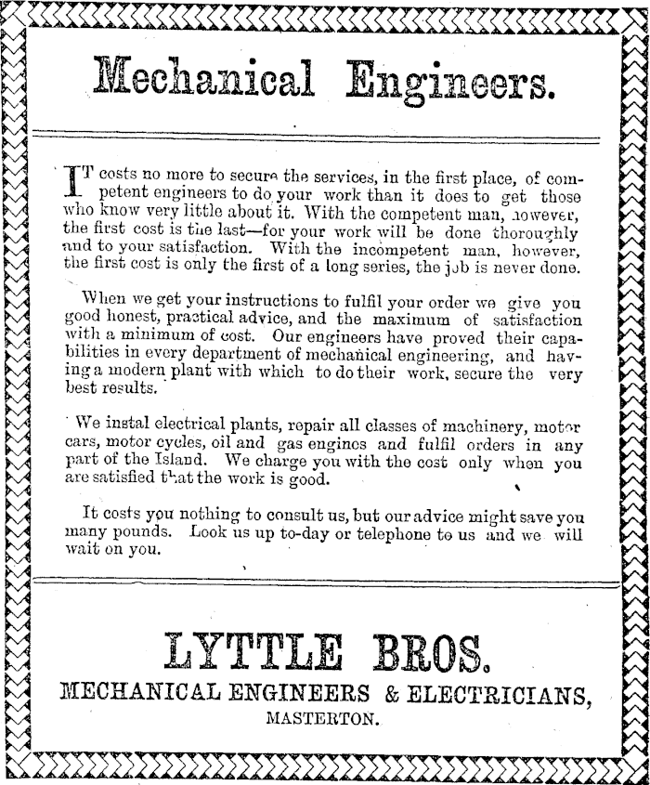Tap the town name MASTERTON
[x=322, y=717]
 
